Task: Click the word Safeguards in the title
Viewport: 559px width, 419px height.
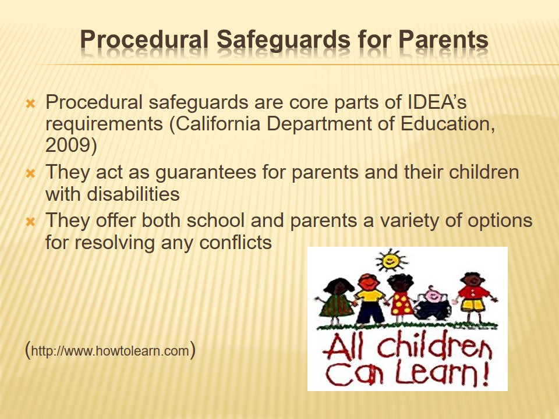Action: pyautogui.click(x=284, y=40)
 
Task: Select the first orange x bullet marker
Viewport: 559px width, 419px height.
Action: pyautogui.click(x=30, y=104)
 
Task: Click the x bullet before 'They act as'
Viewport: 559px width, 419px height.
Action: pyautogui.click(x=30, y=174)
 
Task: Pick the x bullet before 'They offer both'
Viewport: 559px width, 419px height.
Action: pyautogui.click(x=30, y=222)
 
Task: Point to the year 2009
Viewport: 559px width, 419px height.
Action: pyautogui.click(x=71, y=145)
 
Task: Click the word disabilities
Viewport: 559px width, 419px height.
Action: pyautogui.click(x=133, y=194)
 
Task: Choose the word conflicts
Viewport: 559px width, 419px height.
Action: pyautogui.click(x=235, y=243)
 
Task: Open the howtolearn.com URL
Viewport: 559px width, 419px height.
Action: pyautogui.click(x=110, y=350)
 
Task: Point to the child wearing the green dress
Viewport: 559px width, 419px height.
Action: pyautogui.click(x=335, y=301)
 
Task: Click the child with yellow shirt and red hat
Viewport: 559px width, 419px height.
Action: pyautogui.click(x=369, y=299)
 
